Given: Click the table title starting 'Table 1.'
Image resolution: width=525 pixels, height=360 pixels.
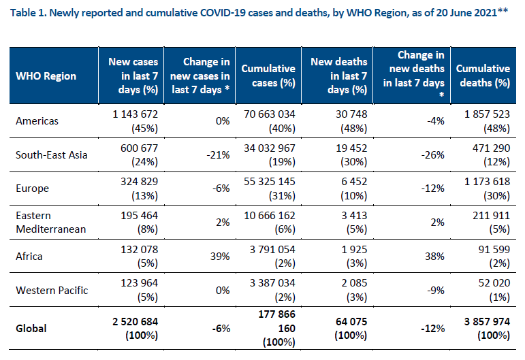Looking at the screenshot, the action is tap(259, 13).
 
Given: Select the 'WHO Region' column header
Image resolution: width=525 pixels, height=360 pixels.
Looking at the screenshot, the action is tap(46, 76).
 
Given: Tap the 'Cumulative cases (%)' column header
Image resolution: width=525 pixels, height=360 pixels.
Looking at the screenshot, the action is tap(268, 76).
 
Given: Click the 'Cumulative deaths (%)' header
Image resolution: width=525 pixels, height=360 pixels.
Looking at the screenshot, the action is tap(483, 76).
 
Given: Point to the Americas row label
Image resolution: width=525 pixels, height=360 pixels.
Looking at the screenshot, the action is tap(37, 120).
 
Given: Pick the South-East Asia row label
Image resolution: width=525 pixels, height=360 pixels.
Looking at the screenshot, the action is tap(52, 155).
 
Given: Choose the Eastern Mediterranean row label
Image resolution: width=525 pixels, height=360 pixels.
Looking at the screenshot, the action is tap(51, 222).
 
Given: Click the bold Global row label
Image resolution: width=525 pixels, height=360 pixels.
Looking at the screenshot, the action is tap(31, 328).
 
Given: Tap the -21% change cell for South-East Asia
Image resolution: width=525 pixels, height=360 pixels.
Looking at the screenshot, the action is tap(218, 155).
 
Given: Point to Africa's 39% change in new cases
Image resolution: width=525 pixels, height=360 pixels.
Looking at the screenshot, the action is tap(220, 257).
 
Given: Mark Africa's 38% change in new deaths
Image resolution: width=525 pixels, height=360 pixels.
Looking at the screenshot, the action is tap(434, 257).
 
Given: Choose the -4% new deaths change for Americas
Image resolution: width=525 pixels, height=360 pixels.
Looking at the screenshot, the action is tap(436, 120).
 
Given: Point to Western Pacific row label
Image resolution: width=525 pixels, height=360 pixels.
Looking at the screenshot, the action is tap(52, 290).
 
